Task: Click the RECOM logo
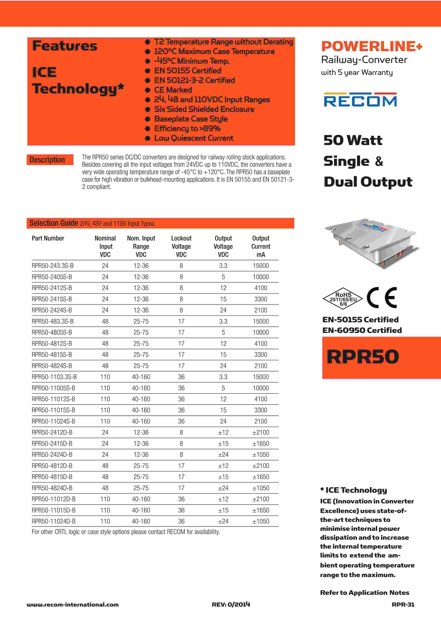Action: click(x=360, y=100)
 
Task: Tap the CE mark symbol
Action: click(x=382, y=298)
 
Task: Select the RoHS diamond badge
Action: click(x=343, y=299)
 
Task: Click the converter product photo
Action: click(x=371, y=243)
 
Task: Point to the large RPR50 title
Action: click(x=363, y=357)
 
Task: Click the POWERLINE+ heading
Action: click(x=371, y=46)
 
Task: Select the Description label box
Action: click(x=50, y=160)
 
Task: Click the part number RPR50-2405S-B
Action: click(x=52, y=277)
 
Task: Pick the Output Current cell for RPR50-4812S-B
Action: click(x=261, y=343)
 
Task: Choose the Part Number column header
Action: click(x=48, y=238)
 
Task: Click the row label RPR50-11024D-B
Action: click(x=54, y=521)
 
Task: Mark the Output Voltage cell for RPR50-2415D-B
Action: click(x=223, y=443)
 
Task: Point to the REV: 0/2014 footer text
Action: click(x=231, y=604)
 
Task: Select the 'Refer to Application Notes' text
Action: click(x=364, y=593)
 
